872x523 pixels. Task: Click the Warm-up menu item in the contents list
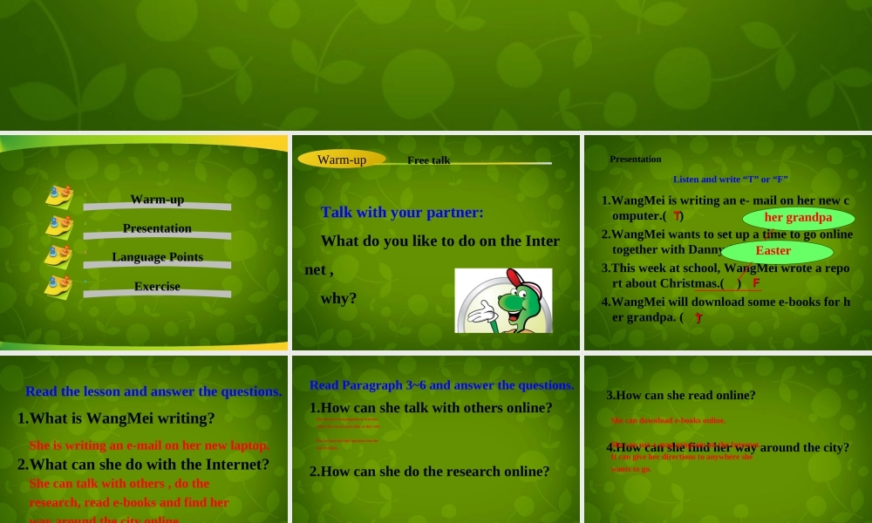click(x=157, y=200)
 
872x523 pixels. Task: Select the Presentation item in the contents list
click(x=157, y=228)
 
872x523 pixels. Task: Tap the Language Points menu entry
click(x=157, y=257)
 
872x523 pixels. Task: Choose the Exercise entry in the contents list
click(x=157, y=287)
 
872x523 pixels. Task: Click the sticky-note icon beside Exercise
click(x=58, y=287)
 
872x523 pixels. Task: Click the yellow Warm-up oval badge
click(x=342, y=160)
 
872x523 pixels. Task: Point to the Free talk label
click(x=428, y=160)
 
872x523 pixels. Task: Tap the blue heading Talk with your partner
click(x=402, y=212)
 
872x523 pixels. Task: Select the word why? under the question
click(x=338, y=298)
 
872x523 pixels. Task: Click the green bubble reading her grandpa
click(x=798, y=218)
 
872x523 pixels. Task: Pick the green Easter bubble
click(x=773, y=251)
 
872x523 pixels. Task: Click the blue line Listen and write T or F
click(x=730, y=180)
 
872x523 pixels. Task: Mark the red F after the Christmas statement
click(x=756, y=282)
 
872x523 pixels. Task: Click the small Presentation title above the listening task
click(x=635, y=159)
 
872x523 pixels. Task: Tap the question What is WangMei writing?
click(x=116, y=418)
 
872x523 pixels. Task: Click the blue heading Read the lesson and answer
click(x=153, y=391)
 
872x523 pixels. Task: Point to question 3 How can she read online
click(x=680, y=395)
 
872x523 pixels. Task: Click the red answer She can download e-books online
click(x=668, y=420)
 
